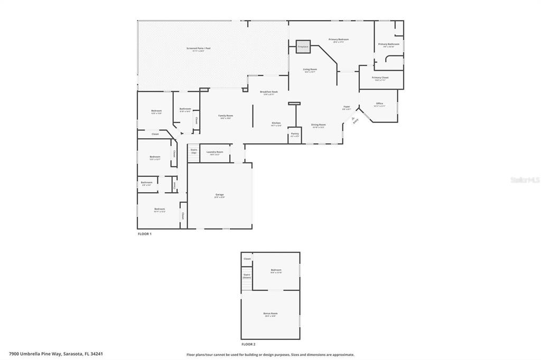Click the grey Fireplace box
pyautogui.click(x=303, y=46)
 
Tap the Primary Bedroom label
pyautogui.click(x=339, y=40)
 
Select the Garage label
pyautogui.click(x=219, y=195)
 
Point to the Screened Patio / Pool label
pyautogui.click(x=199, y=49)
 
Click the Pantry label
pyautogui.click(x=295, y=134)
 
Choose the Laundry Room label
pyautogui.click(x=214, y=152)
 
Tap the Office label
pyautogui.click(x=379, y=103)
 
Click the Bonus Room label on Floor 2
pyautogui.click(x=270, y=314)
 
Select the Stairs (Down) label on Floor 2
pyautogui.click(x=247, y=276)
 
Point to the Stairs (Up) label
pyautogui.click(x=194, y=151)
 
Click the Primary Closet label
pyautogui.click(x=380, y=78)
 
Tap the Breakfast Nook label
pyautogui.click(x=269, y=92)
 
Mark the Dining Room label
pyautogui.click(x=318, y=125)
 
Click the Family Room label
pyautogui.click(x=226, y=116)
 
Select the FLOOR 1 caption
pyautogui.click(x=144, y=233)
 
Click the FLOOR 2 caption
pyautogui.click(x=248, y=344)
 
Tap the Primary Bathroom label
pyautogui.click(x=389, y=44)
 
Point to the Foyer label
pyautogui.click(x=347, y=107)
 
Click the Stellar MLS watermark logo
pyautogui.click(x=525, y=180)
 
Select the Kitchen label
pyautogui.click(x=276, y=123)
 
